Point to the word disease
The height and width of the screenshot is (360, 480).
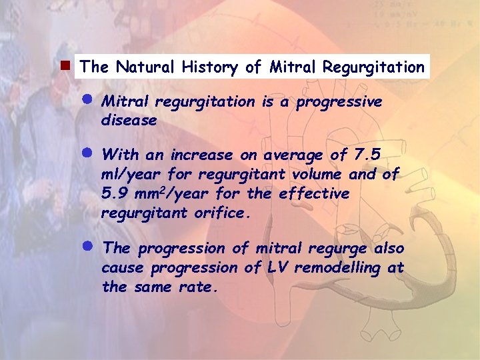[x=129, y=121]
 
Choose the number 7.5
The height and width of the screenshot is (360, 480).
[x=367, y=155]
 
